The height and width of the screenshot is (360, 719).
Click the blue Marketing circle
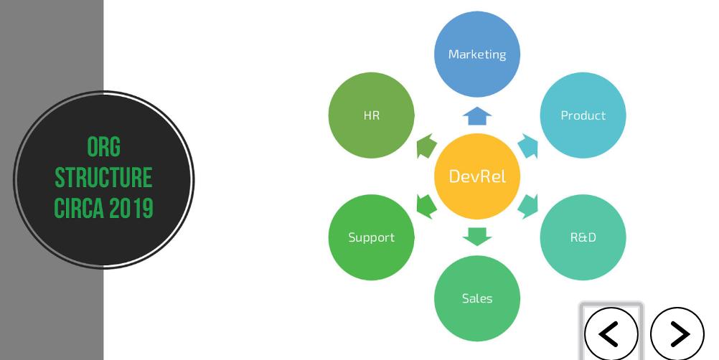tap(477, 54)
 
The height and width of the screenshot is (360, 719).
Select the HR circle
tap(372, 115)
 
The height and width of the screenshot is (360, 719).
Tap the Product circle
tap(583, 115)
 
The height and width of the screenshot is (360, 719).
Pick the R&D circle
tap(583, 237)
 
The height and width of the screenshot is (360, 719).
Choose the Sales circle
tap(477, 298)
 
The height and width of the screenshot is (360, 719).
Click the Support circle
tap(372, 237)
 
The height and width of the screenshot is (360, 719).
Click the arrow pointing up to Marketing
tap(477, 116)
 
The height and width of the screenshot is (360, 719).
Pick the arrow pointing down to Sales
tap(477, 236)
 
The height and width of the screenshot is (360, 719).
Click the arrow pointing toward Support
tap(427, 207)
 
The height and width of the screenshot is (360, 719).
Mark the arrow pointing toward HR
tap(427, 146)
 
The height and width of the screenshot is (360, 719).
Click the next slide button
tap(677, 333)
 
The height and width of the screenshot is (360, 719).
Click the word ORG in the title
tap(103, 147)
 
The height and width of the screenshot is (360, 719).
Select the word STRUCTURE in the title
tap(103, 177)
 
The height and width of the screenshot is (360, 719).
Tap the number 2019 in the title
tap(132, 208)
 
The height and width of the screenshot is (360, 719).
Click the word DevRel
tap(477, 176)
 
